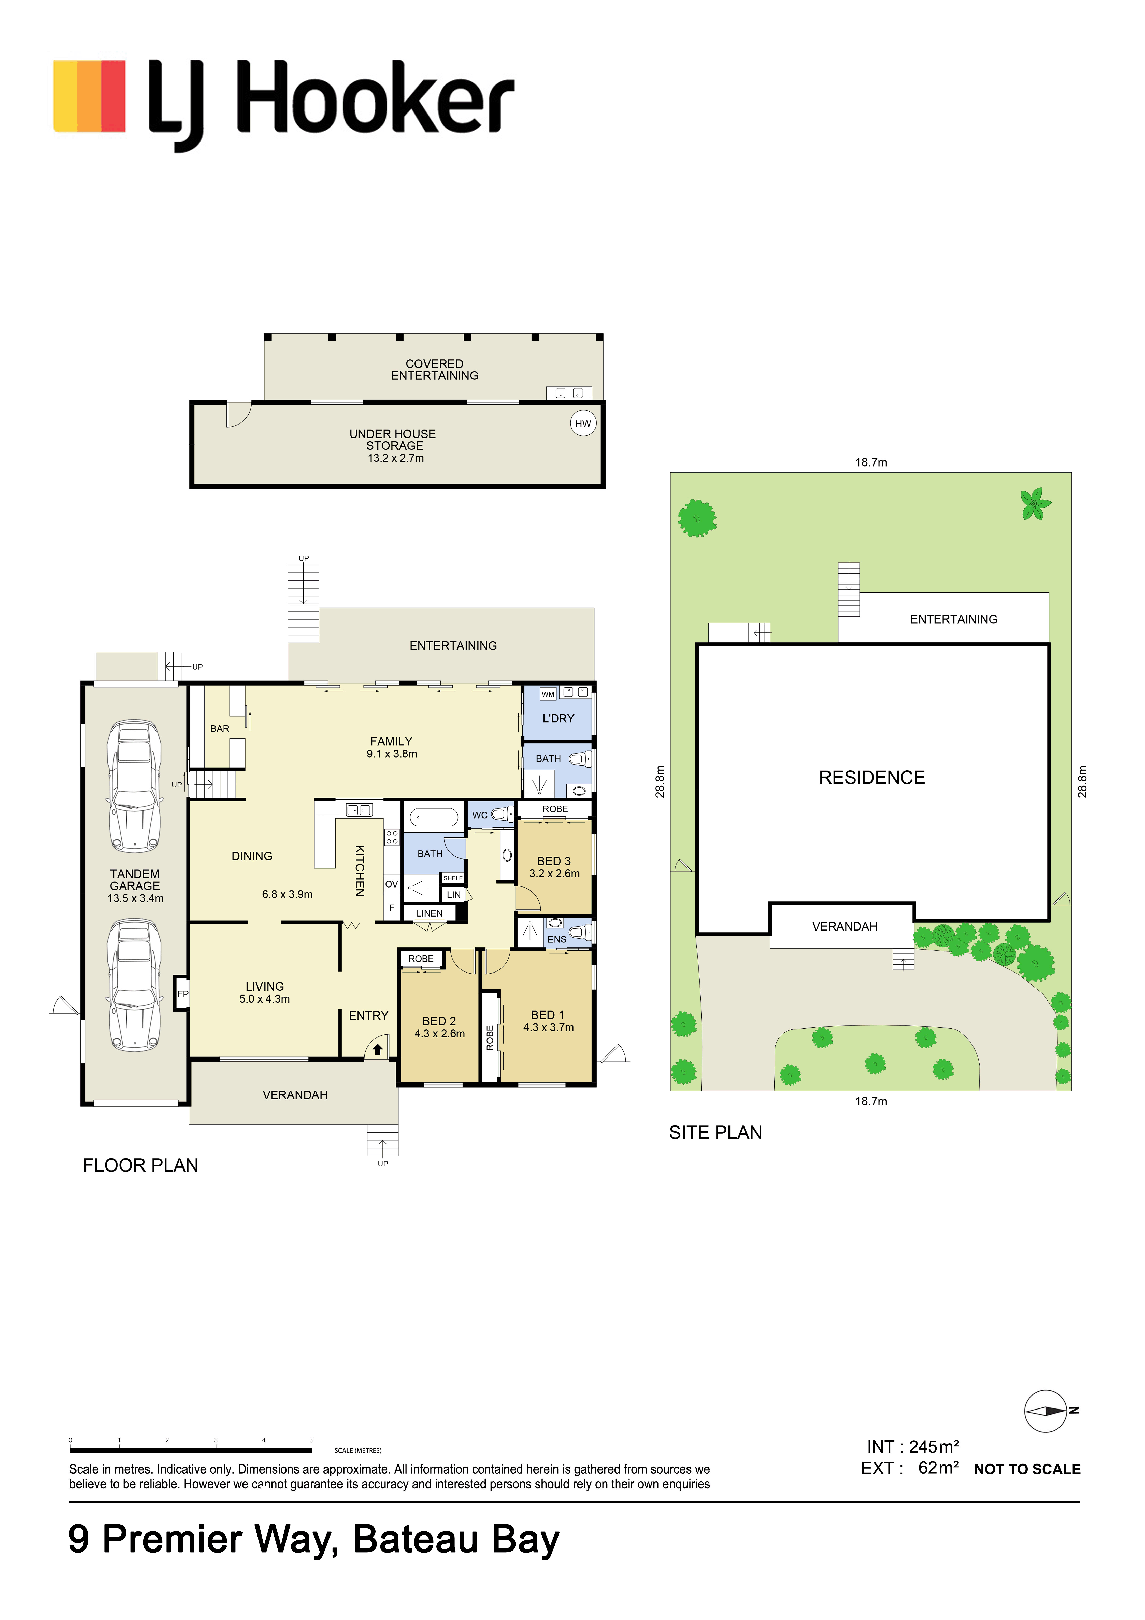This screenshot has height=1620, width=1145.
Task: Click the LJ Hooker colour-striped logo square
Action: pos(90,96)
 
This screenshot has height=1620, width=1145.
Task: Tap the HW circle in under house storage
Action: pos(583,423)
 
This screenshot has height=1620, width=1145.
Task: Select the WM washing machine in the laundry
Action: pos(548,694)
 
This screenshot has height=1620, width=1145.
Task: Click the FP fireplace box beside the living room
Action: pos(182,993)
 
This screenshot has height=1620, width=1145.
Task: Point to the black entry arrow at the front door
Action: pos(377,1049)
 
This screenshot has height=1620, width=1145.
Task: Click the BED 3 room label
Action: pos(554,861)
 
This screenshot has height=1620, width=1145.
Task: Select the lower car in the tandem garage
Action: pos(134,985)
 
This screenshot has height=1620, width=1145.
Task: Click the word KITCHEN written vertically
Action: pos(360,871)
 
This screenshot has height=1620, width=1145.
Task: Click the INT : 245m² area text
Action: pos(913,1446)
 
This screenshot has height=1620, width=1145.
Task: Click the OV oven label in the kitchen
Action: pos(392,884)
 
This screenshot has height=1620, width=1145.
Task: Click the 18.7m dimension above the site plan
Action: pos(871,462)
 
